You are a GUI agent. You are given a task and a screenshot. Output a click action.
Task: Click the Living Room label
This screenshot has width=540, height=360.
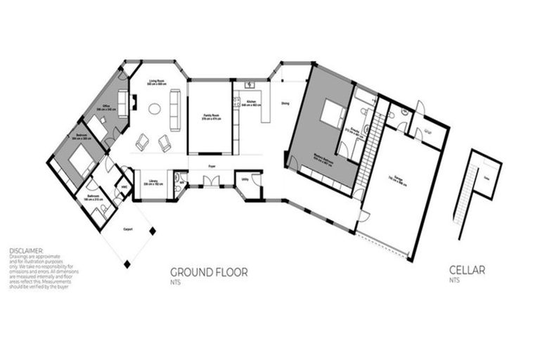tap(156, 82)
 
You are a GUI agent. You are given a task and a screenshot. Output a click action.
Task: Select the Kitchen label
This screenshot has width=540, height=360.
tap(251, 103)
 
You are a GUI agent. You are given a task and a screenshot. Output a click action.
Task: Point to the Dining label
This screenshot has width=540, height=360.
tap(285, 104)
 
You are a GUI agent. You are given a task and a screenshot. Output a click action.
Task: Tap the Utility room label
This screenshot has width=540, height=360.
tap(245, 181)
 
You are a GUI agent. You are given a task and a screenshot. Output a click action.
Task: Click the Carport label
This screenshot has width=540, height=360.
tap(128, 229)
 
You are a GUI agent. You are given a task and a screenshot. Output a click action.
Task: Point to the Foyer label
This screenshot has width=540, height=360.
tap(210, 167)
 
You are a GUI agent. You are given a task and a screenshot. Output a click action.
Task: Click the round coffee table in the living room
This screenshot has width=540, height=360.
tap(154, 109)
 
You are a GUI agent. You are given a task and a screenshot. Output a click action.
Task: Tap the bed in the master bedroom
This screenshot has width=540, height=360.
tap(331, 111)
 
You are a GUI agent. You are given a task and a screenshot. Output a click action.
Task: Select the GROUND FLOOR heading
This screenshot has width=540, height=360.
tap(209, 272)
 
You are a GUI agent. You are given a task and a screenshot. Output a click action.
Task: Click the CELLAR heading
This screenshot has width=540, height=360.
tap(467, 269)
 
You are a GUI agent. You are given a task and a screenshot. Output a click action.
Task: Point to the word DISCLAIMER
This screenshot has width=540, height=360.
tap(26, 250)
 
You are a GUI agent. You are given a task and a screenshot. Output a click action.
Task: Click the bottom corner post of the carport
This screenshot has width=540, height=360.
tap(127, 264)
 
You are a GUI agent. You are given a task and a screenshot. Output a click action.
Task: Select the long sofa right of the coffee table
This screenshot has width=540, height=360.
tap(175, 110)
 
